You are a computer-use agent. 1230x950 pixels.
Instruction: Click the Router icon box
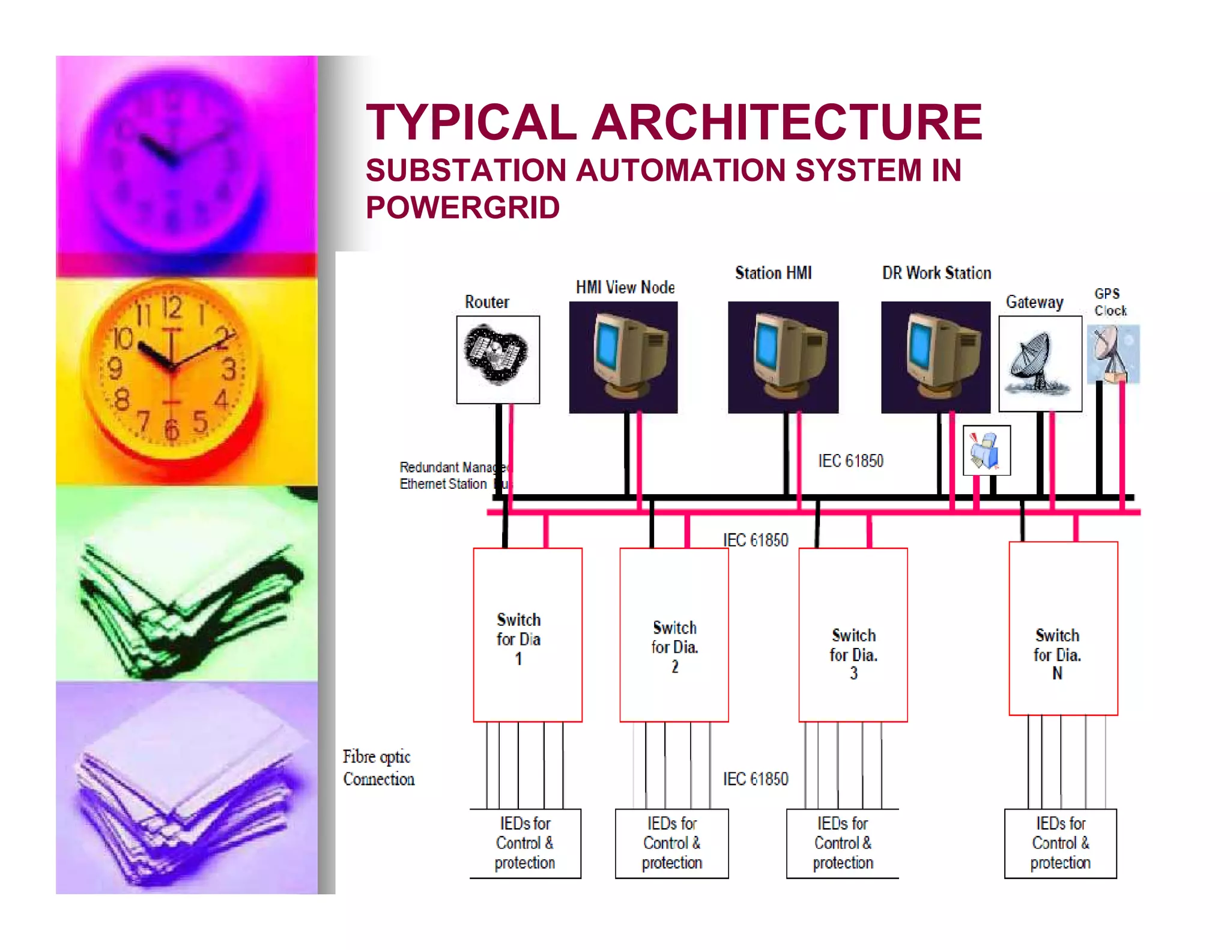tap(498, 359)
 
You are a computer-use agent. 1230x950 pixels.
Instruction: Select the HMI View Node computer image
tap(623, 357)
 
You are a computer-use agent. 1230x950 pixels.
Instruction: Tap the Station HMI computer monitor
tap(783, 357)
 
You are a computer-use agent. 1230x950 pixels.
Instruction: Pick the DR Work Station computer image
tap(936, 357)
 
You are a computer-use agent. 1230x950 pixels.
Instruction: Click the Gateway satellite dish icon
tap(1040, 363)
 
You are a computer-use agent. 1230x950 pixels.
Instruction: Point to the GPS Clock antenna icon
tap(1113, 354)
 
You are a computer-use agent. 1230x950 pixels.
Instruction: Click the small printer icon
tap(986, 450)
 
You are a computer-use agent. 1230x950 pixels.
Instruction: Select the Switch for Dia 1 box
tap(527, 635)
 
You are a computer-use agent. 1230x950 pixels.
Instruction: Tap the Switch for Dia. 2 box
tap(674, 635)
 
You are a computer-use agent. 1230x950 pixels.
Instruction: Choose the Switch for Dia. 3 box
tap(853, 635)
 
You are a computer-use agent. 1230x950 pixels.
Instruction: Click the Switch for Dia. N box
tap(1063, 629)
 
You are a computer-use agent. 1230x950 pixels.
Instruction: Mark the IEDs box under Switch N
tap(1061, 843)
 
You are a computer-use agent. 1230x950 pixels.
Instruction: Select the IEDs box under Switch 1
tap(525, 843)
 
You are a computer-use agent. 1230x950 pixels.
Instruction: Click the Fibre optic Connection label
tap(378, 767)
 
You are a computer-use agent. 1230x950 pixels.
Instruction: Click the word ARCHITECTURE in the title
tap(787, 123)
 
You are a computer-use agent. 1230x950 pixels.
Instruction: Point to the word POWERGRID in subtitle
tap(462, 208)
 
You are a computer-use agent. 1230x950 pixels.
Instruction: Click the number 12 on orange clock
tap(172, 308)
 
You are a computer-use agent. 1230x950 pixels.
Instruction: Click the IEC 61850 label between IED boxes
tap(756, 779)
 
